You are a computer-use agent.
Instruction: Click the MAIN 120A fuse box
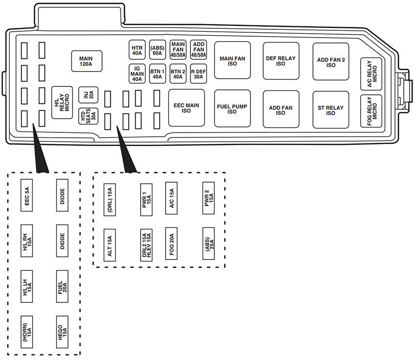pyautogui.click(x=86, y=61)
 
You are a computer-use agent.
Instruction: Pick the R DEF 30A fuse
pyautogui.click(x=198, y=74)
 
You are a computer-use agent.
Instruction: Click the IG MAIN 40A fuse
pyautogui.click(x=137, y=74)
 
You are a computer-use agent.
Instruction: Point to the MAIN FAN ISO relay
pyautogui.click(x=232, y=61)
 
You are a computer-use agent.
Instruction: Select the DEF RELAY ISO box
pyautogui.click(x=281, y=61)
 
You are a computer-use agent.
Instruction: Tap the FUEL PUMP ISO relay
pyautogui.click(x=232, y=108)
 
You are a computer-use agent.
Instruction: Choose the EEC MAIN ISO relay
pyautogui.click(x=186, y=108)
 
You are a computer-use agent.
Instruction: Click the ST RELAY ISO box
pyautogui.click(x=331, y=110)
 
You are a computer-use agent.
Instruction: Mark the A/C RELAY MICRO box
pyautogui.click(x=372, y=74)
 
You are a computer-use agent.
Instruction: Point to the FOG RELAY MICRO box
pyautogui.click(x=372, y=111)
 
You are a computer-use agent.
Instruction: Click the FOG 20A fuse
pyautogui.click(x=171, y=242)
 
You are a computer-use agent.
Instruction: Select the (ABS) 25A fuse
pyautogui.click(x=208, y=242)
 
